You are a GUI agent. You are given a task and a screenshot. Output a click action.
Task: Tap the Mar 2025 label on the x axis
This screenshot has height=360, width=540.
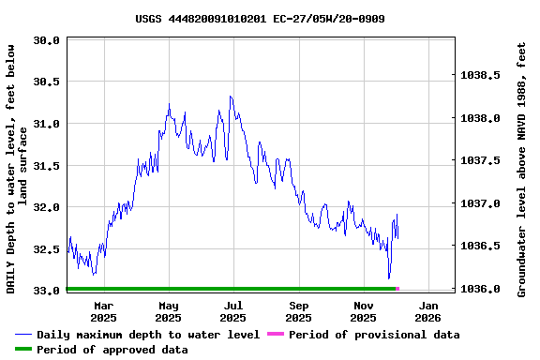104,311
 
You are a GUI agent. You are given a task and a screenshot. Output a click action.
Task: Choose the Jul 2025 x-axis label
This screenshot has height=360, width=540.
233,311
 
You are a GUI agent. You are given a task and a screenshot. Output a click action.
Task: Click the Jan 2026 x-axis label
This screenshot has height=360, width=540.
428,311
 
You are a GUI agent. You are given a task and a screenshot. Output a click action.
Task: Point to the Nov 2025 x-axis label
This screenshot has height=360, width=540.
364,311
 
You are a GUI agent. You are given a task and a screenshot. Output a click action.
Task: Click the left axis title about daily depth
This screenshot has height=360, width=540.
17,167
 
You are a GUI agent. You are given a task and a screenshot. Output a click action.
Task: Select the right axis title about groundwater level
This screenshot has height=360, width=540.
521,167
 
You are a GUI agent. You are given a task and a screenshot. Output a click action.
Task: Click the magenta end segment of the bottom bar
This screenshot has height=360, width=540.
397,289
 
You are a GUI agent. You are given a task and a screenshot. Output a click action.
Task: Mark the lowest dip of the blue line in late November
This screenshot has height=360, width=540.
389,278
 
